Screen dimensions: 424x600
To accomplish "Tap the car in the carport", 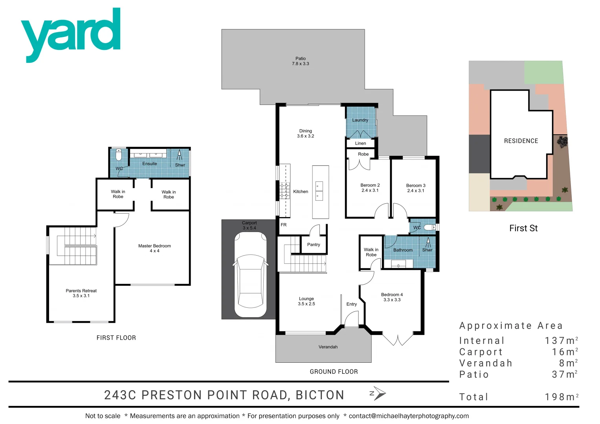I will [250, 275].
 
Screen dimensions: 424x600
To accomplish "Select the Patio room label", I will [301, 61].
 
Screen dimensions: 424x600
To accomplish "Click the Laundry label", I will [360, 120].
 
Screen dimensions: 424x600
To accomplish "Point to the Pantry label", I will [314, 245].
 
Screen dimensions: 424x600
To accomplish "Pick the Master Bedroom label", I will [154, 248].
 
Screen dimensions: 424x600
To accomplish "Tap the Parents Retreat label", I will [81, 293].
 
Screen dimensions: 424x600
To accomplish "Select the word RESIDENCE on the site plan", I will [521, 141].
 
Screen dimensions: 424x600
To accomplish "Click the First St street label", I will [523, 228].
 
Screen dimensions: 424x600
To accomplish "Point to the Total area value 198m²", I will [561, 397].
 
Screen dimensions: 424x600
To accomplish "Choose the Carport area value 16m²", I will [565, 352].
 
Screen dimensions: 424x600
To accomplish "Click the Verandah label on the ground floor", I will [328, 347].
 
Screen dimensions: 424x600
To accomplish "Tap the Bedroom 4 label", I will [392, 297].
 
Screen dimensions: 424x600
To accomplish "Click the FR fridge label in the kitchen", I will [284, 225].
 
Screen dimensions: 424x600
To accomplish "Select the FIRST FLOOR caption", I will [116, 338].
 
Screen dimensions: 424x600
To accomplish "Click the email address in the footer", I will [409, 416].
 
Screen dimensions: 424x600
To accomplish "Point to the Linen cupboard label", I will [360, 143].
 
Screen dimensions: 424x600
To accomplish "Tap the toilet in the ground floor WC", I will [429, 227].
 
